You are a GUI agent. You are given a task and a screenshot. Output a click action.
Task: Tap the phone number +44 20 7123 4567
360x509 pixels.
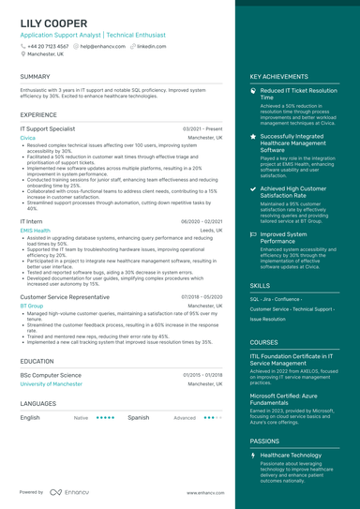[x=47, y=46]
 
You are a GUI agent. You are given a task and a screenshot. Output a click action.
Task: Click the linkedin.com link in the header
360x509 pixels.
[x=151, y=46]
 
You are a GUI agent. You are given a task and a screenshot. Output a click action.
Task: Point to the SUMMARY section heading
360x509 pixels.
[x=35, y=77]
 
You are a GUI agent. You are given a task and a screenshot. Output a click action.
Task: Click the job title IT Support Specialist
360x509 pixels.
[x=48, y=128]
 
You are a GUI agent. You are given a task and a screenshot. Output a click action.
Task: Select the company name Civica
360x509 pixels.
[x=27, y=138]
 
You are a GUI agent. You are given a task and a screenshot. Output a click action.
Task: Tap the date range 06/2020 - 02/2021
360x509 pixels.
[x=202, y=221]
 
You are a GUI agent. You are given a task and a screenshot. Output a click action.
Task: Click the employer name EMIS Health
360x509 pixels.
[x=35, y=230]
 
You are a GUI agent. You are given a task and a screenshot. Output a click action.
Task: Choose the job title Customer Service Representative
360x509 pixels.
[x=65, y=296]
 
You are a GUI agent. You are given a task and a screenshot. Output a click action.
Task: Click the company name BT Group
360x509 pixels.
[x=31, y=306]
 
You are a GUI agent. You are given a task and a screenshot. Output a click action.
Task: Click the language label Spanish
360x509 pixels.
[x=138, y=417]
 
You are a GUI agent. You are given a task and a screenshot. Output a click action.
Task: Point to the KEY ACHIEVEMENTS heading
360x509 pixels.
[x=279, y=77]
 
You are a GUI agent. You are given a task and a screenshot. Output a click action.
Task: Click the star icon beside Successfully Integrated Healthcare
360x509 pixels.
[x=253, y=137]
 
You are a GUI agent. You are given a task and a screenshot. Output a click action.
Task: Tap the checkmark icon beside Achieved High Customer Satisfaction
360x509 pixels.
[x=253, y=188]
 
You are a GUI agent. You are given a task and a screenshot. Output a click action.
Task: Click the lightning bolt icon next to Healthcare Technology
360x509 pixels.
[x=253, y=455]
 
